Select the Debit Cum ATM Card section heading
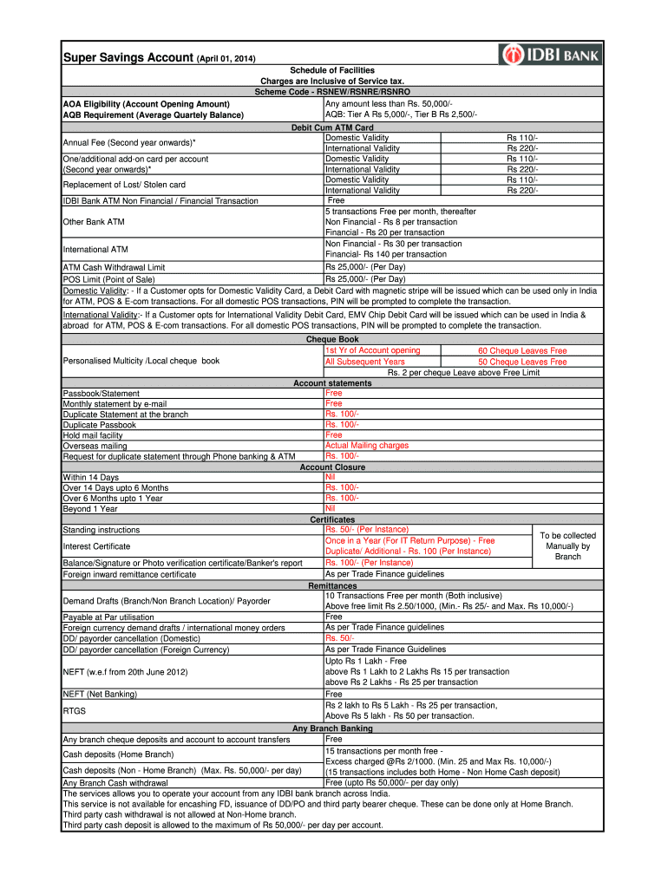pos(333,127)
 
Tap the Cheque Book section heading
pos(333,340)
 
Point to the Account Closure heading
pos(333,467)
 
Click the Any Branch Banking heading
pos(333,729)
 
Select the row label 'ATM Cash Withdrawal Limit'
pos(114,268)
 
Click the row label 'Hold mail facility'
pos(93,435)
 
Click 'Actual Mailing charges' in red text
pos(366,446)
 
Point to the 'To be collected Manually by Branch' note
pos(567,546)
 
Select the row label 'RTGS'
pos(74,710)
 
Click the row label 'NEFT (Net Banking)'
pos(100,694)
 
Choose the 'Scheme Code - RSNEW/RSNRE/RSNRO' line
pos(333,91)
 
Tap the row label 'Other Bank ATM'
pos(94,222)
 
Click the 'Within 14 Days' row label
pos(91,478)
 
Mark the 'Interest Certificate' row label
pos(96,546)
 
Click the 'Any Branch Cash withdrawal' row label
pos(115,783)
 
